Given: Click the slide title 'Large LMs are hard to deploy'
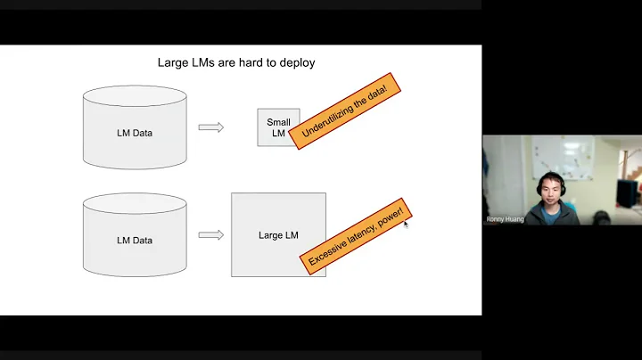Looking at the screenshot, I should [235, 62].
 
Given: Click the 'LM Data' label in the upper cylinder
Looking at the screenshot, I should [135, 133].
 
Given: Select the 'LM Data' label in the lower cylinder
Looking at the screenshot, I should [135, 241].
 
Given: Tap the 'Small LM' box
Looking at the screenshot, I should [278, 127].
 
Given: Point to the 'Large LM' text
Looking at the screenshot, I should [278, 235].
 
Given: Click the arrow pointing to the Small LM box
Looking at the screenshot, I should [210, 127].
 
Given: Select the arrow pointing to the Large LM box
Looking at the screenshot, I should [210, 235].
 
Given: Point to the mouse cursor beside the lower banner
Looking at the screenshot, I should [406, 224].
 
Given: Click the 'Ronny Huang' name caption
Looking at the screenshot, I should [504, 218].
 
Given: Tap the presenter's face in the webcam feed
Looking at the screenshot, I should [552, 191].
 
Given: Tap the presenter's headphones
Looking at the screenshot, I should [538, 189].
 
